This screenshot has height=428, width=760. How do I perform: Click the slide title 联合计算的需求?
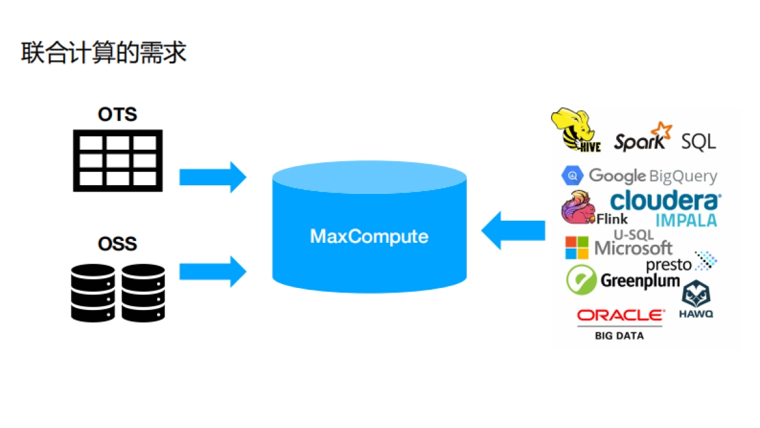click(x=104, y=53)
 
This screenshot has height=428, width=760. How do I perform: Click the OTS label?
click(x=117, y=115)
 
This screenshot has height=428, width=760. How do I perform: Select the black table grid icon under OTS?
click(x=118, y=160)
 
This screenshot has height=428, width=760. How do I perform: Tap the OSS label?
click(x=117, y=244)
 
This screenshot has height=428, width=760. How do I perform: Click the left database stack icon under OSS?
click(x=92, y=292)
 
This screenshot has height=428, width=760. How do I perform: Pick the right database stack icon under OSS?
click(x=143, y=292)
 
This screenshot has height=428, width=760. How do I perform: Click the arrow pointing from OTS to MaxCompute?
click(x=212, y=177)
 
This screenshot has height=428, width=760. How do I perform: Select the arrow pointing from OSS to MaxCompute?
click(x=212, y=272)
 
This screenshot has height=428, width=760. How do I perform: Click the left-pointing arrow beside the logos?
click(x=513, y=230)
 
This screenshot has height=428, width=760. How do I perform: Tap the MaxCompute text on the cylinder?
click(x=369, y=237)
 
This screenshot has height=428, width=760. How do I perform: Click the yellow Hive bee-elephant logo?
click(x=574, y=130)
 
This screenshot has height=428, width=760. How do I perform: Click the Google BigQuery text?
click(x=652, y=176)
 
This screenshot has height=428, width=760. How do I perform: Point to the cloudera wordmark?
click(x=665, y=200)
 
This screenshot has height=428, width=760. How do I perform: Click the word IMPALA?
click(x=687, y=220)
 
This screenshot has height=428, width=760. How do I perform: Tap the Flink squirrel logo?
click(x=578, y=207)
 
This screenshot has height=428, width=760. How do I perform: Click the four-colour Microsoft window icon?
click(x=576, y=248)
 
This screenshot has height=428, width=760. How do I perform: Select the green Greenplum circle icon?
click(x=581, y=280)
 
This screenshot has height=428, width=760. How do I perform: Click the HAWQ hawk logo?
click(x=696, y=298)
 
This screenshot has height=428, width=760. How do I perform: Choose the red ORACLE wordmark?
click(x=621, y=315)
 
